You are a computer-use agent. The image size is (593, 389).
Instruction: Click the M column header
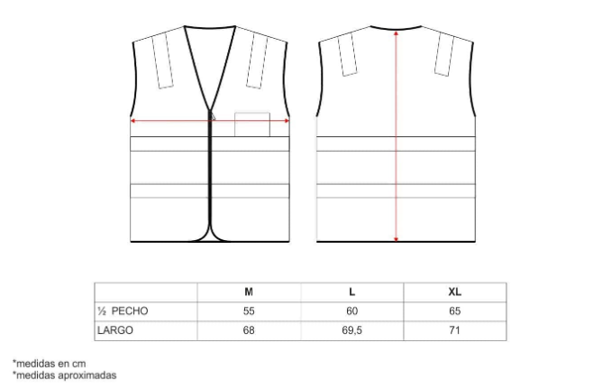249,292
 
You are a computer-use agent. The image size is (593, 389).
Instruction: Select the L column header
351,292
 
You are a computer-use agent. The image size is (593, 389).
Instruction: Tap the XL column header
454,292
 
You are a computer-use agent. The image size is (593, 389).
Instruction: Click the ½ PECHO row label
123,310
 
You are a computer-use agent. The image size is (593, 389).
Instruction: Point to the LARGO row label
115,330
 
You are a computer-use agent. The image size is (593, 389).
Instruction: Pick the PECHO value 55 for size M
249,310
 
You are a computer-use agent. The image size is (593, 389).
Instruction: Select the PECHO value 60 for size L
351,310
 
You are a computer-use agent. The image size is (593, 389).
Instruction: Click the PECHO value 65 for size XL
454,310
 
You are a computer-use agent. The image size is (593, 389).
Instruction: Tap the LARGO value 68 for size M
249,330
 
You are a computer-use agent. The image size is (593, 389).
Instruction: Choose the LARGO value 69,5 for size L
351,330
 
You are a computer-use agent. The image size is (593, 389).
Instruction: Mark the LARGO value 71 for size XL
454,330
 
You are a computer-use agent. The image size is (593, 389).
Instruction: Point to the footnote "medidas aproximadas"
64,375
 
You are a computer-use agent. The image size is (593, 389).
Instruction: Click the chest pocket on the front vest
252,125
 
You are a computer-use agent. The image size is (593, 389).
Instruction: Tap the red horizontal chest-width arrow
171,119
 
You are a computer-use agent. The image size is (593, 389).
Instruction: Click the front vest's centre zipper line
211,181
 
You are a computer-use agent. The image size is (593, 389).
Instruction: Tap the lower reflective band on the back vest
397,190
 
